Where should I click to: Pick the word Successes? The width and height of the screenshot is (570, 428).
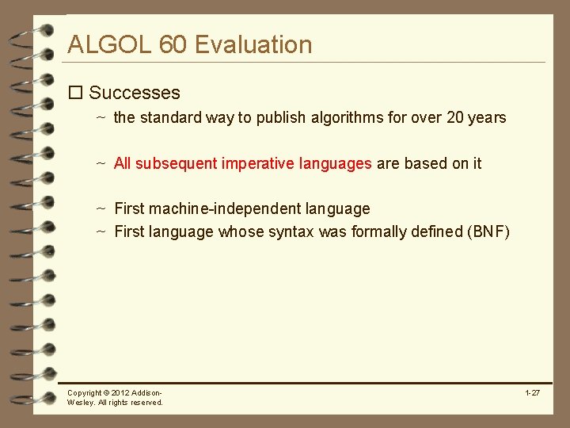135,93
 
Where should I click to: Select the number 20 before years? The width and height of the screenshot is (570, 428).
455,118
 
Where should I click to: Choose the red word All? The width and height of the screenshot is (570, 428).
122,163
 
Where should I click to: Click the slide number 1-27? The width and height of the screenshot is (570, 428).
532,393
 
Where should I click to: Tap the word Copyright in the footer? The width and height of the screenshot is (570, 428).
84,393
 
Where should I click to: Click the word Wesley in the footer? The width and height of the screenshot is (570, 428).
81,403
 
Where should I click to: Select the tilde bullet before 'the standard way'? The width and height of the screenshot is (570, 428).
101,118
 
